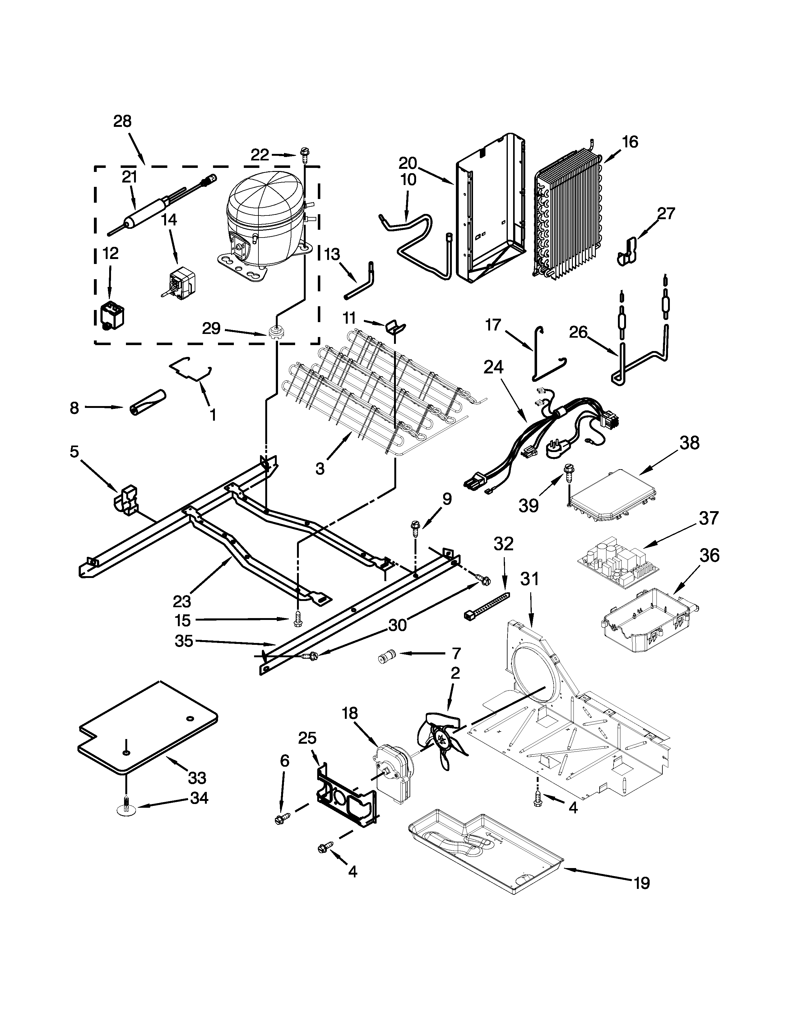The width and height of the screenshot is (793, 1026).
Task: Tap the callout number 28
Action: click(122, 122)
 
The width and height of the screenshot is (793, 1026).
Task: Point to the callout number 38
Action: click(689, 443)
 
